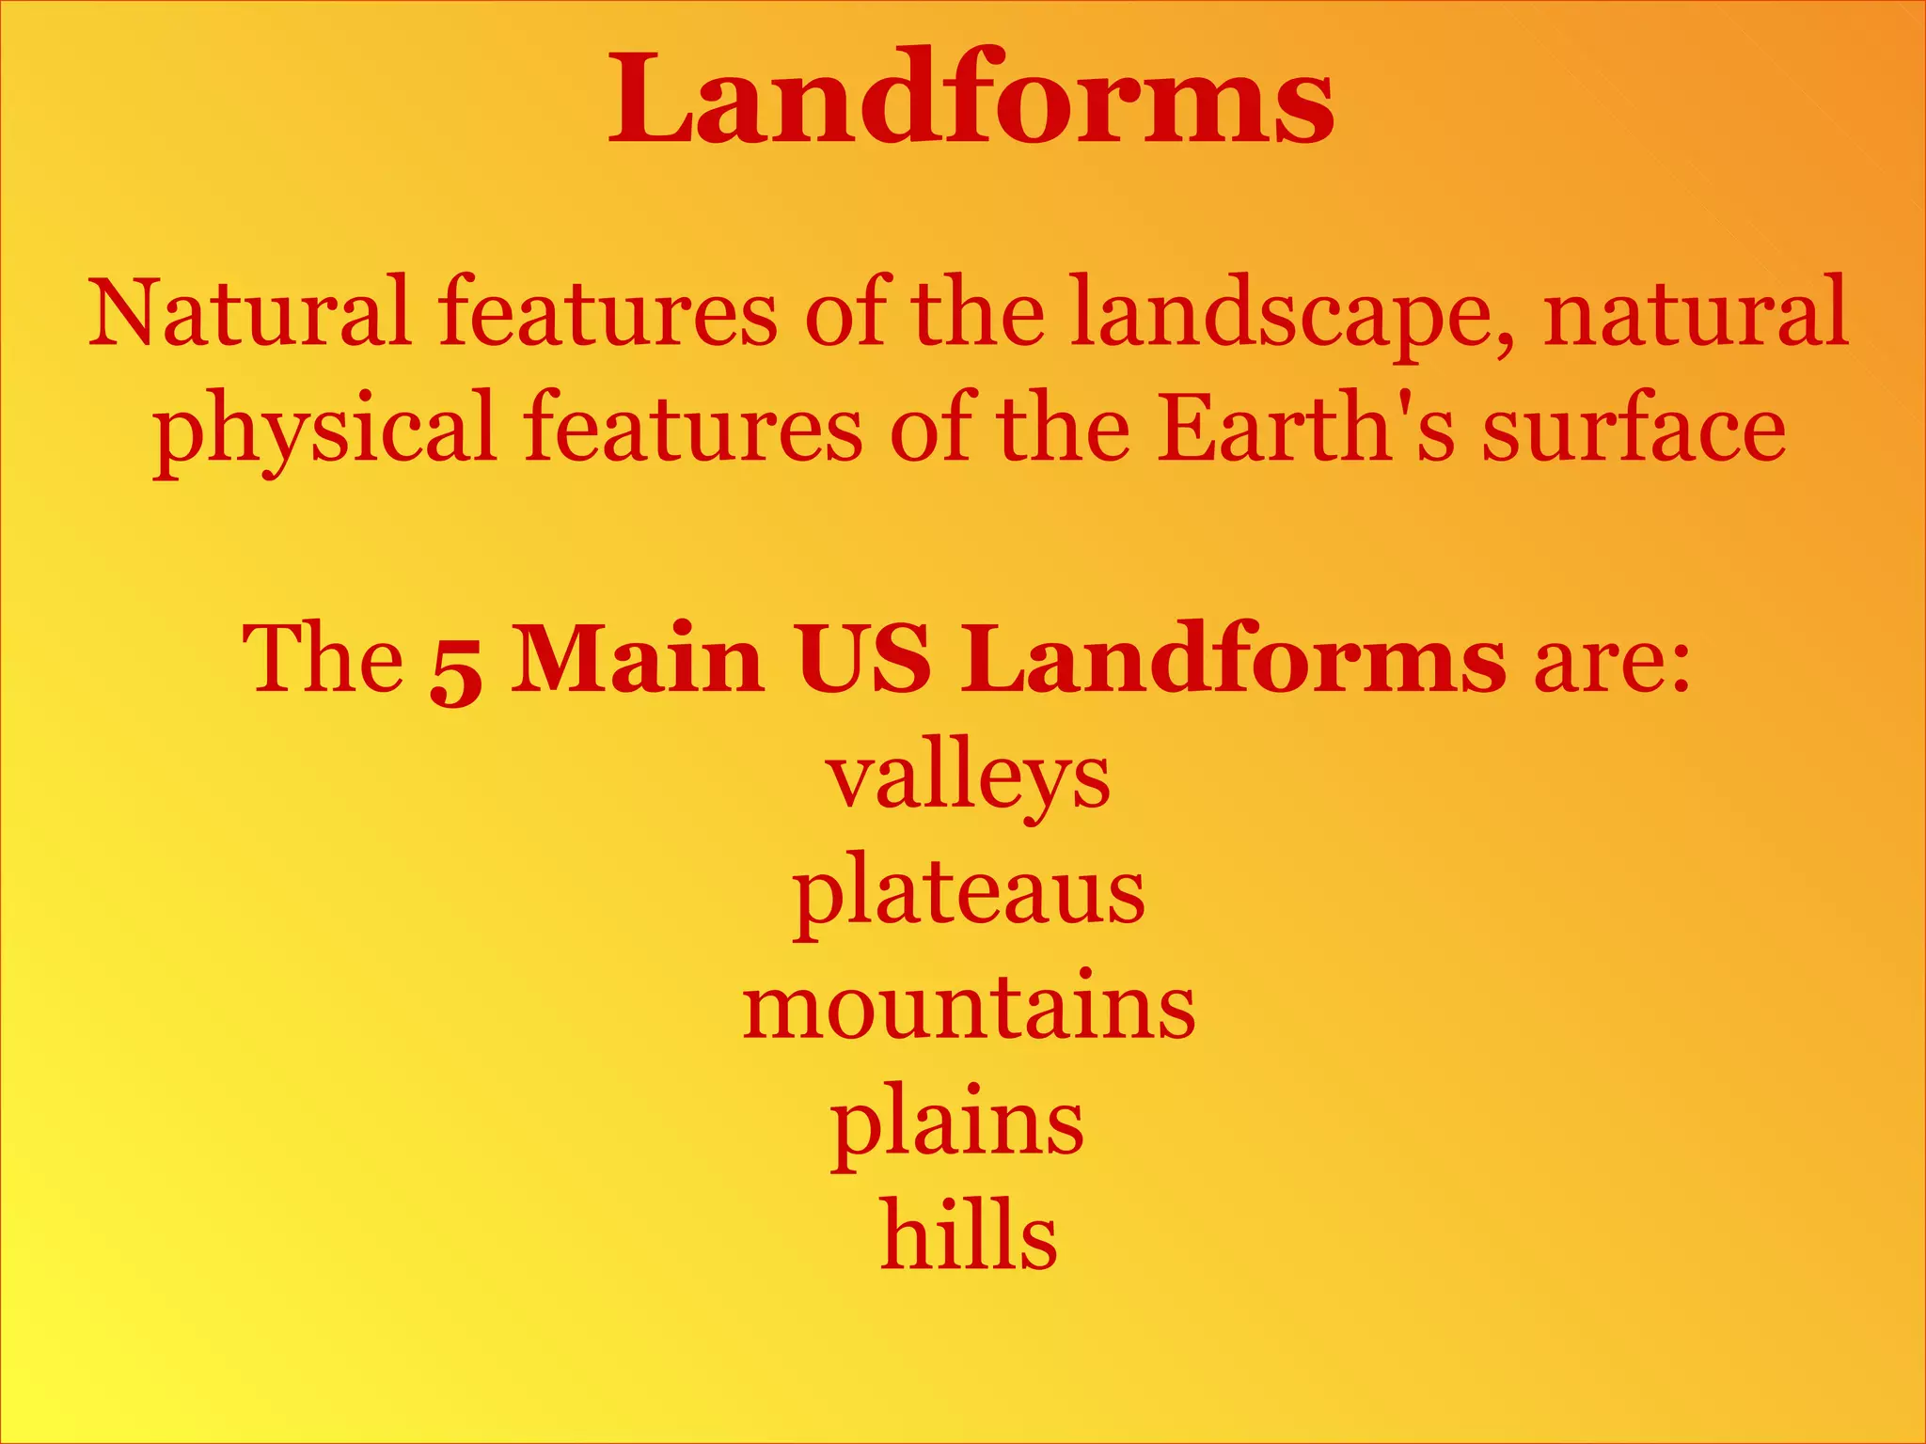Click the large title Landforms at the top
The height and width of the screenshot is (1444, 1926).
[x=971, y=99]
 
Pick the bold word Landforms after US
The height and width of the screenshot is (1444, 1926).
[x=1233, y=659]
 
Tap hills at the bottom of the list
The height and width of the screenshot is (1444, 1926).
[x=969, y=1236]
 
